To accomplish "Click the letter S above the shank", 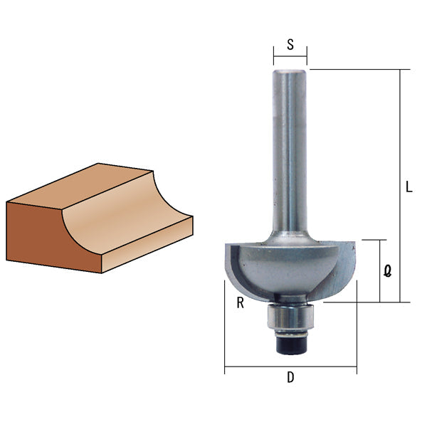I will coord(290,44).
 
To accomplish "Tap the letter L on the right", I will coord(408,188).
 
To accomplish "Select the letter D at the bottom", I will coord(290,378).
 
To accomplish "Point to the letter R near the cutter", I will coord(241,303).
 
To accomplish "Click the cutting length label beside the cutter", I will coord(387,271).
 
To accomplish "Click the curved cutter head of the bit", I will coord(290,267).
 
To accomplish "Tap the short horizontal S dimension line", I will coord(290,56).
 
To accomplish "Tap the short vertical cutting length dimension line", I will coord(380,271).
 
